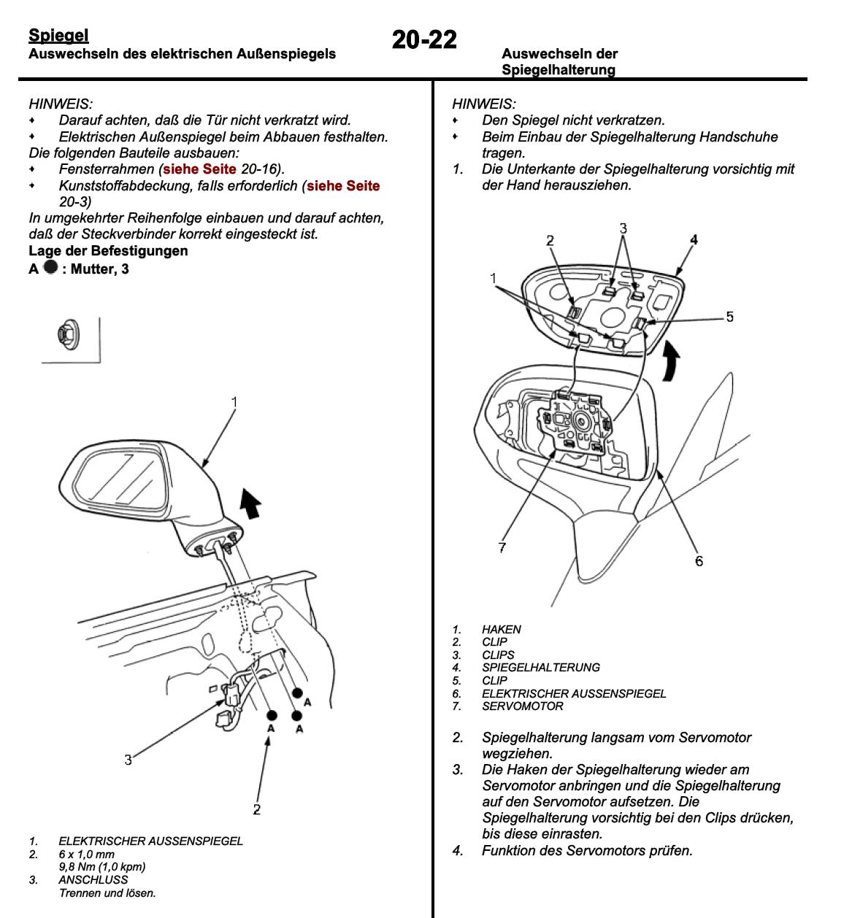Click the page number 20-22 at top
[424, 39]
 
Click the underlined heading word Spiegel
[58, 35]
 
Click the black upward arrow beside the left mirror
[250, 504]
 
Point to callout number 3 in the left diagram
[128, 760]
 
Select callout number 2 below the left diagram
[256, 809]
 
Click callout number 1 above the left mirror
[234, 401]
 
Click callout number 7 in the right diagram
[502, 547]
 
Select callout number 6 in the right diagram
[699, 560]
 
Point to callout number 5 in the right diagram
[729, 317]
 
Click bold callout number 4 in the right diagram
[694, 239]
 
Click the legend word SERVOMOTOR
[522, 706]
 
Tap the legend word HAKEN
[501, 629]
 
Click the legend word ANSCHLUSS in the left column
[93, 879]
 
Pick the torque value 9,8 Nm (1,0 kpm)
[101, 867]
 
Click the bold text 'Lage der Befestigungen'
[108, 250]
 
